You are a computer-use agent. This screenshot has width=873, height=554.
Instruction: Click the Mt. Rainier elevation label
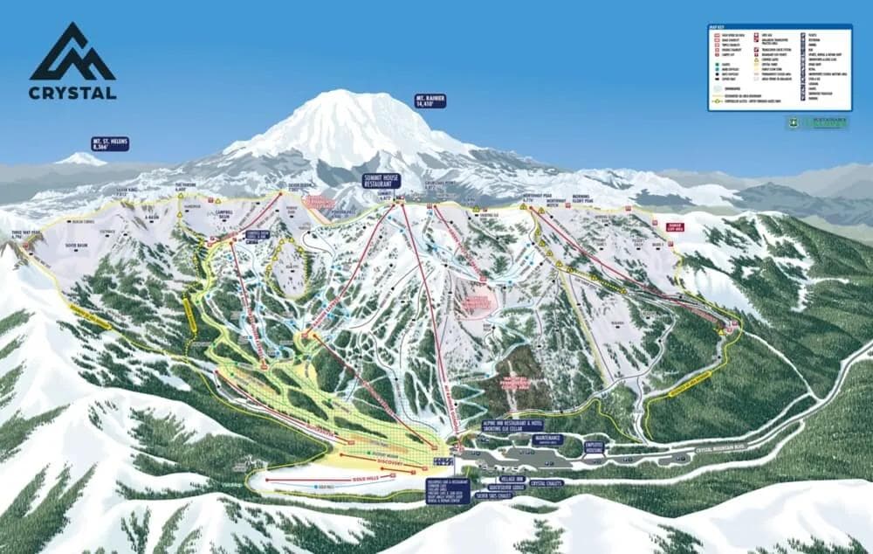click(431, 100)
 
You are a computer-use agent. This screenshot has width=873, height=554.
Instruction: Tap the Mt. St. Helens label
click(111, 143)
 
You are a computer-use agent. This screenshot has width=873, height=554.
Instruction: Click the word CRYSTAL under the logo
click(72, 93)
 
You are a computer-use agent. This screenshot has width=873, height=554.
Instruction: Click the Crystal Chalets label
click(547, 482)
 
